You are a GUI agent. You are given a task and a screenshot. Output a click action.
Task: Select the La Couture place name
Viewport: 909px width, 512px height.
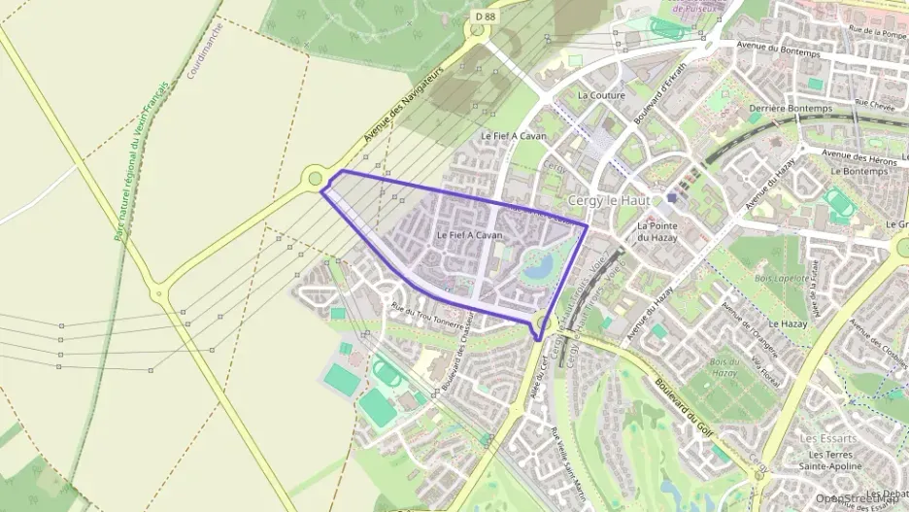[601, 95]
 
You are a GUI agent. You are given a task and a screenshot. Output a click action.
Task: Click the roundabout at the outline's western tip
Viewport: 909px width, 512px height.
[314, 178]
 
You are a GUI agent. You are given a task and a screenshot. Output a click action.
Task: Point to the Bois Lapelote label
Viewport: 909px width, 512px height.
[781, 278]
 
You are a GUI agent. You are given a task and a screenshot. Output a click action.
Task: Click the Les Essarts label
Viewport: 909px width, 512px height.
[827, 438]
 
